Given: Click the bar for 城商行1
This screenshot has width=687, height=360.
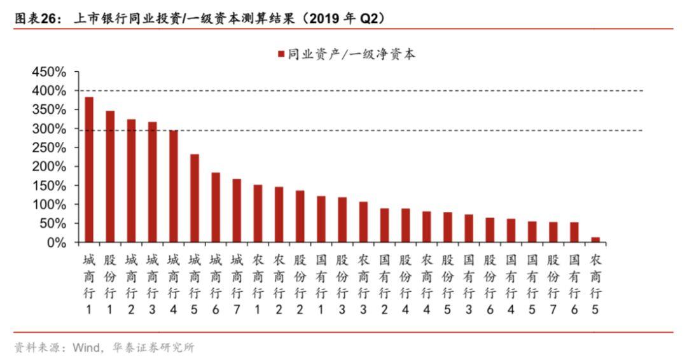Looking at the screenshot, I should [89, 170].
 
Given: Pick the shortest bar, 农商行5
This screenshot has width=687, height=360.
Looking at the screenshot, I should [595, 240].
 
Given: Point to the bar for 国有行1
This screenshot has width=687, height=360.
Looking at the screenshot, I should [321, 219].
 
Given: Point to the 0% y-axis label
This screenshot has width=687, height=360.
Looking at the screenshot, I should [57, 242].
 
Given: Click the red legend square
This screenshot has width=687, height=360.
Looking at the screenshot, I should [281, 55].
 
